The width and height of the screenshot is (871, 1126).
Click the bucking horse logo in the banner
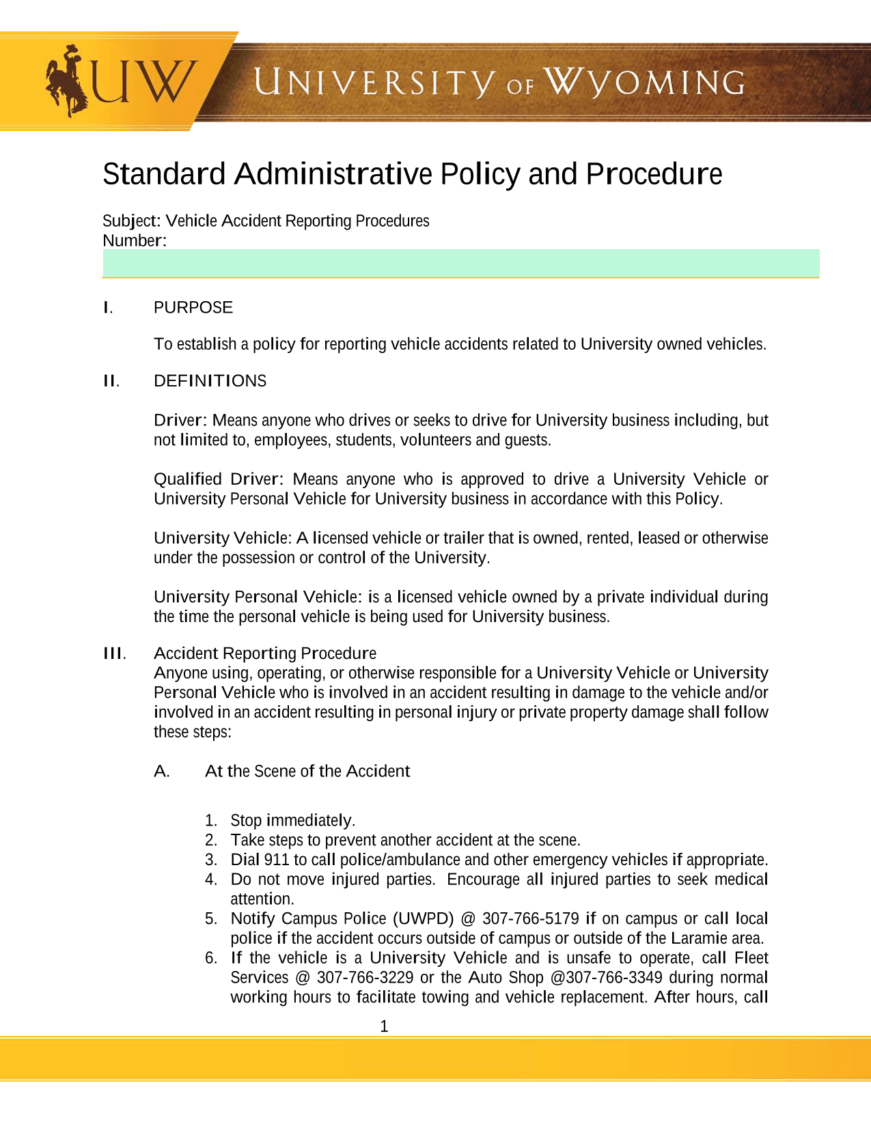coord(66,81)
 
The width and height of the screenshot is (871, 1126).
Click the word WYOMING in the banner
coord(646,83)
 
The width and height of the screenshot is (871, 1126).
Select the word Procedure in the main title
coord(654,174)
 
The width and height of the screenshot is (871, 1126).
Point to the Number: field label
coord(135,241)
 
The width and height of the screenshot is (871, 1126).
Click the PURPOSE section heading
coord(193,307)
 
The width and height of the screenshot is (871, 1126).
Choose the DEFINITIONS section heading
coord(210,381)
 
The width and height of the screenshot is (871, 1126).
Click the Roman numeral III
coord(114,653)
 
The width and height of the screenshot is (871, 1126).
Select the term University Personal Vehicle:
coord(258,597)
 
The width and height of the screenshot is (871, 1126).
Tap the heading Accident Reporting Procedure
coord(265,653)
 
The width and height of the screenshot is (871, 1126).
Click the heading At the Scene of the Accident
coord(307,772)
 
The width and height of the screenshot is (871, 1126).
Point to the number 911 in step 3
coord(277,860)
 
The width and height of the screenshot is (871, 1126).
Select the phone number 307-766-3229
coord(365,978)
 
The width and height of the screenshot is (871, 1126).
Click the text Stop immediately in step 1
coord(292,821)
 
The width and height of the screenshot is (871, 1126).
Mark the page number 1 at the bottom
coord(384,1026)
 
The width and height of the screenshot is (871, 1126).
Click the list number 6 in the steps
coord(210,958)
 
